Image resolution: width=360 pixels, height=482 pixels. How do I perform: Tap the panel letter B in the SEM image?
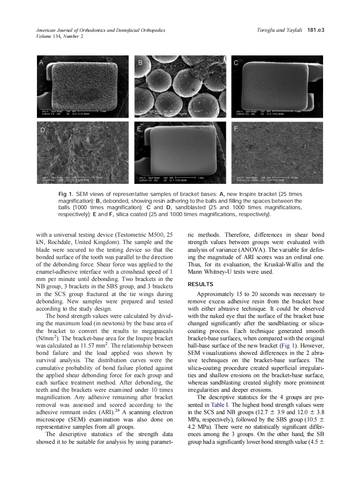[140, 62]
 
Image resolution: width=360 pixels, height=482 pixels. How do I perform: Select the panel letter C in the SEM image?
[236, 62]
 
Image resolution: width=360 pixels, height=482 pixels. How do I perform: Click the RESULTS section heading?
[201, 284]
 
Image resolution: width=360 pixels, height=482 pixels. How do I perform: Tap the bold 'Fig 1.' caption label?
[66, 195]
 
